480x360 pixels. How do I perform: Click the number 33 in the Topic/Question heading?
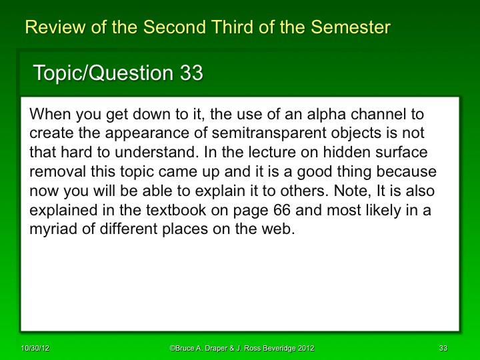(191, 73)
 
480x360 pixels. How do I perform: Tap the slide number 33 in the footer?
(443, 349)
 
